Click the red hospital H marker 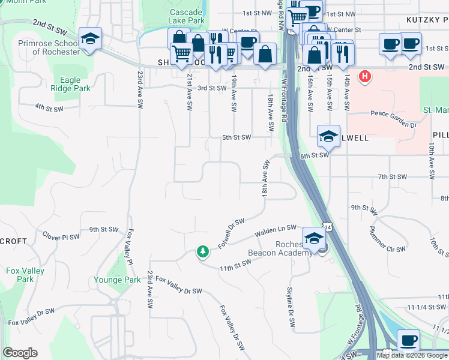[x=364, y=76]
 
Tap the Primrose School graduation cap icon [x=91, y=40]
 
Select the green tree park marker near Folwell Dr [x=203, y=251]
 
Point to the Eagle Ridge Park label [x=75, y=83]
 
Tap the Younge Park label [x=117, y=280]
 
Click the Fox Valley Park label [x=25, y=275]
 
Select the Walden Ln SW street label [x=276, y=228]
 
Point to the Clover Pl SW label [x=61, y=237]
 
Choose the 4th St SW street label [x=49, y=108]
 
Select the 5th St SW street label [x=236, y=137]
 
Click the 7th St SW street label [x=393, y=177]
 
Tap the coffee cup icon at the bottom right [x=409, y=340]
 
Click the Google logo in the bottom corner [x=20, y=353]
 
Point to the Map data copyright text [x=412, y=355]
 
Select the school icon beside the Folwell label [x=328, y=136]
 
